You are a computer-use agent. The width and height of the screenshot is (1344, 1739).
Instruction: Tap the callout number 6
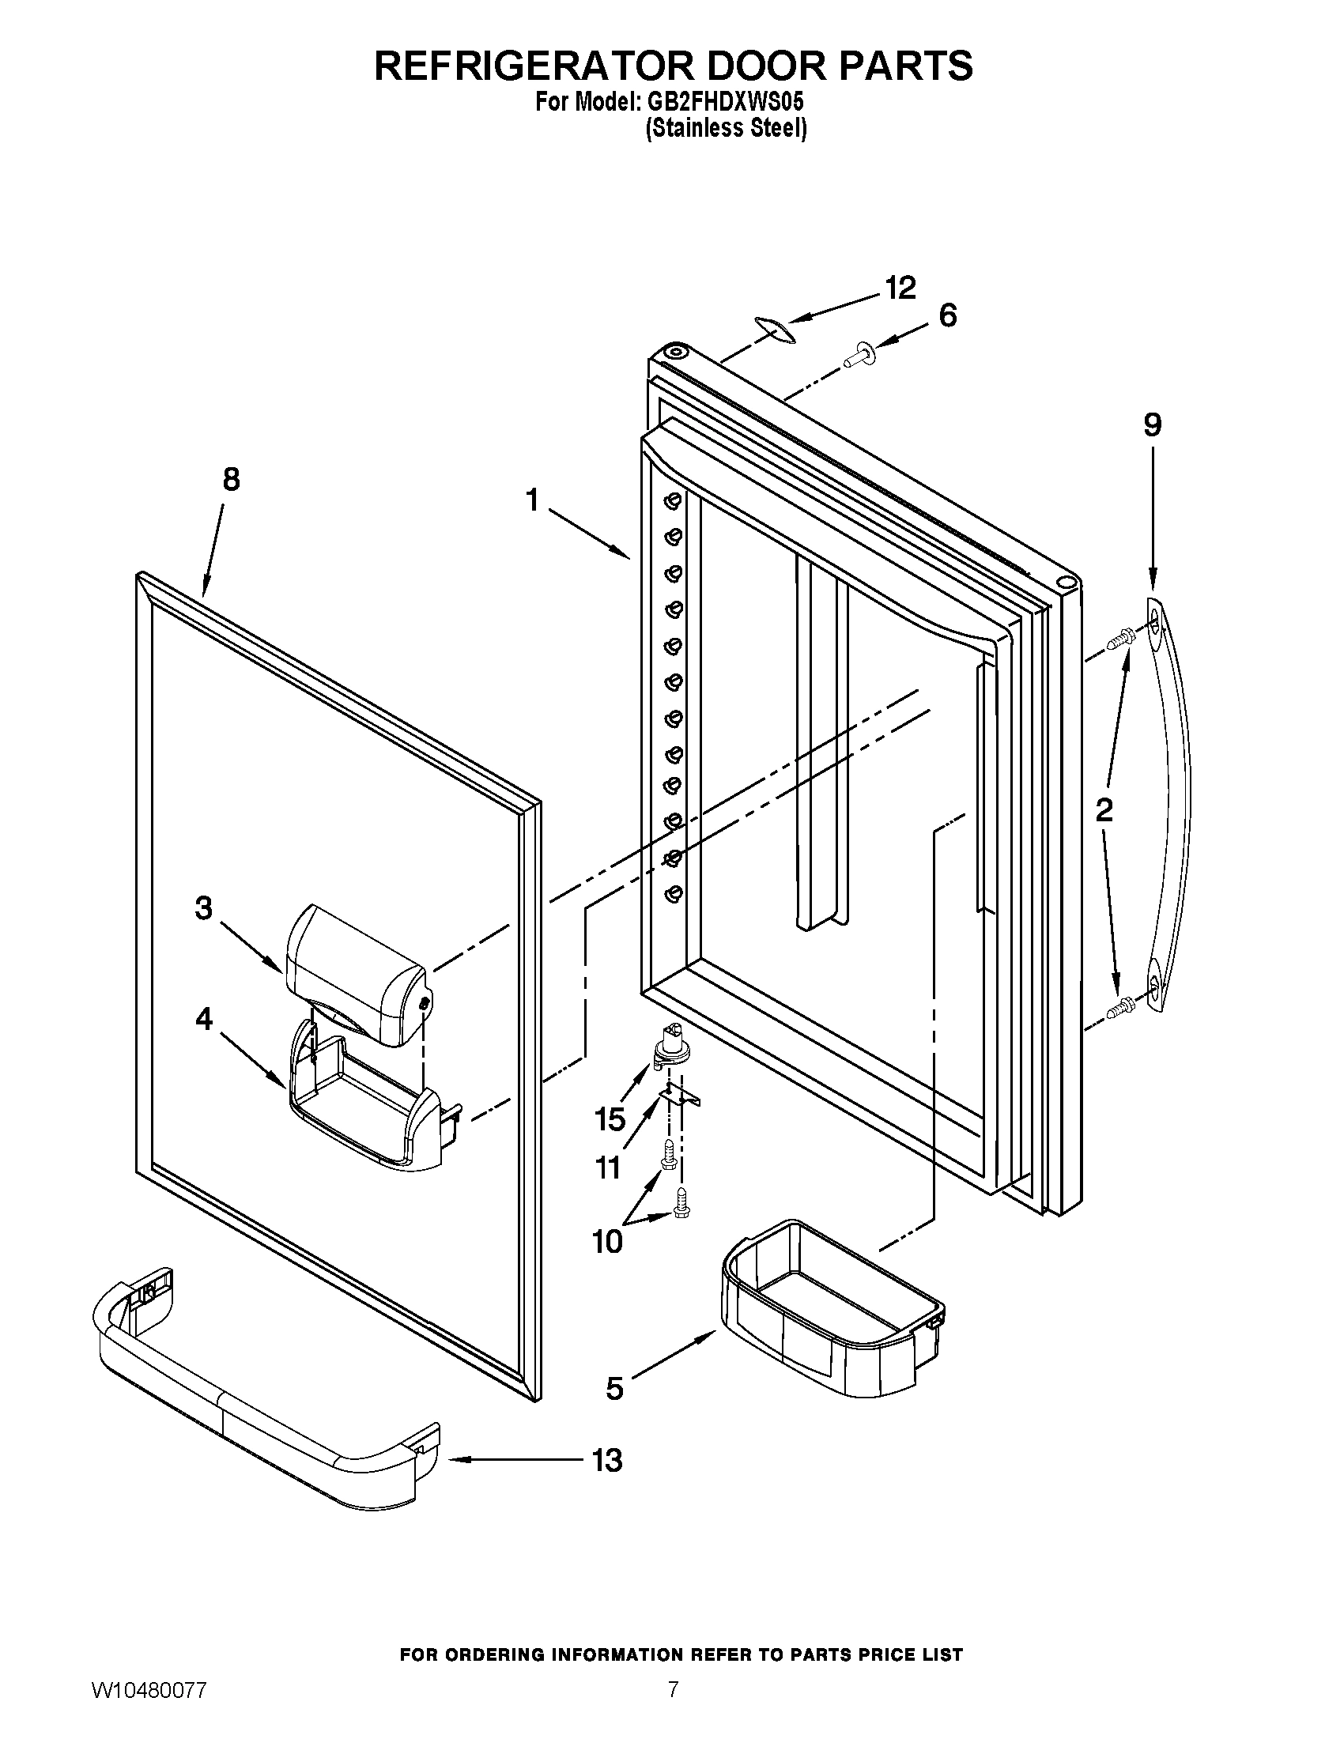click(947, 316)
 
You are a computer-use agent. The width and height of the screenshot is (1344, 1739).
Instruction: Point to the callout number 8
click(230, 479)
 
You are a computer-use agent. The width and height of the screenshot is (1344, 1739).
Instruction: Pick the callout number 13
click(606, 1460)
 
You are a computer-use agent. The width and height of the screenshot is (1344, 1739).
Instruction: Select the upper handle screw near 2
click(1122, 637)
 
